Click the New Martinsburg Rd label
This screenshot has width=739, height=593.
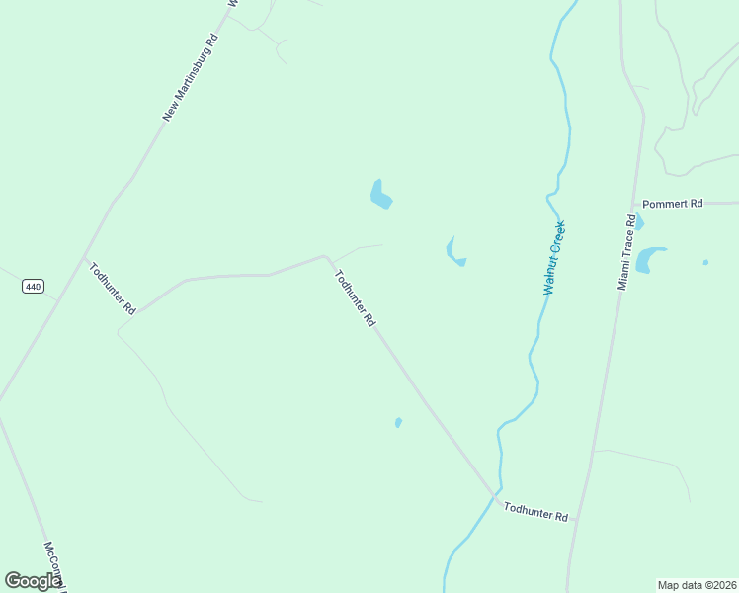pos(190,78)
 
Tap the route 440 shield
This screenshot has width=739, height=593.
pos(33,287)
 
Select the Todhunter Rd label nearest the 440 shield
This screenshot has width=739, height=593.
pos(112,288)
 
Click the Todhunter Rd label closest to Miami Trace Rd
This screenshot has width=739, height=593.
pos(535,511)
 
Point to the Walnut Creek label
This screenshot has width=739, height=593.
pos(554,258)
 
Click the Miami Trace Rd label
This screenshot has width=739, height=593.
pos(624,252)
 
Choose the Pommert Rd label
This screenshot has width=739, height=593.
pos(672,204)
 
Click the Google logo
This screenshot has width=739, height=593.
pos(34,581)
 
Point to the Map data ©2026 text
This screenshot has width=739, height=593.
pos(697,585)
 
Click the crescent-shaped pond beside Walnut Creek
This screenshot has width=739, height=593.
pos(454,253)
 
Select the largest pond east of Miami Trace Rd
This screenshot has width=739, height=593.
pos(649,259)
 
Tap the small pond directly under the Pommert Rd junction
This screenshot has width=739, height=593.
pos(638,222)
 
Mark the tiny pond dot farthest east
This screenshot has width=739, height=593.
pos(705,262)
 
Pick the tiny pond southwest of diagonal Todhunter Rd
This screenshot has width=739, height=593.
pos(398,422)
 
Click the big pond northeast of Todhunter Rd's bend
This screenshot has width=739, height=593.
pos(380,195)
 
